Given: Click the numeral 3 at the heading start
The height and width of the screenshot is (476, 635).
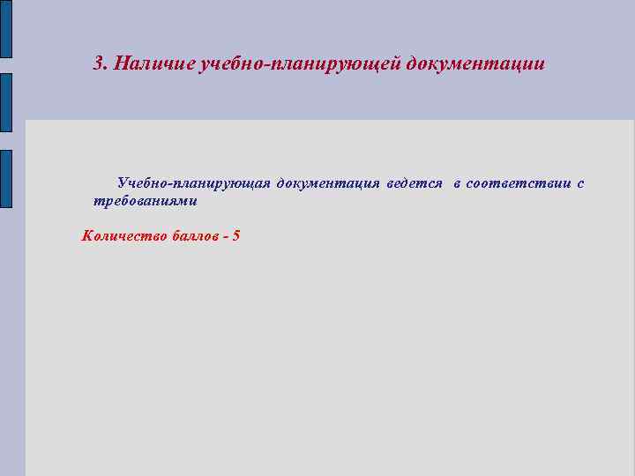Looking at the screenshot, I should point(99,64).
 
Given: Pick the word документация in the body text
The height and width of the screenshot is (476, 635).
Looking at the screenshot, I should point(328,183).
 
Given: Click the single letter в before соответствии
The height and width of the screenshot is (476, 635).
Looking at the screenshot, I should point(458,183).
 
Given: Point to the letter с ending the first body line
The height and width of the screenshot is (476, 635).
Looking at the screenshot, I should point(579,183).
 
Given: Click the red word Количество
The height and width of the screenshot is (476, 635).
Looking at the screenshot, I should point(119,235).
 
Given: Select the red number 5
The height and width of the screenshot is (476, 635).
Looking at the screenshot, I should point(236,235).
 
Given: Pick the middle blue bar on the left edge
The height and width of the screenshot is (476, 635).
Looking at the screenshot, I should point(6,102).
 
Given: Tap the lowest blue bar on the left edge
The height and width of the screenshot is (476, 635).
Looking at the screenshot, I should point(6,177).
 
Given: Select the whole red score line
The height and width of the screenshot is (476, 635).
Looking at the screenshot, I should point(161,235).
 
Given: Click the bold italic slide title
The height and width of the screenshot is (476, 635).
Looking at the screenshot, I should point(319,64).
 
